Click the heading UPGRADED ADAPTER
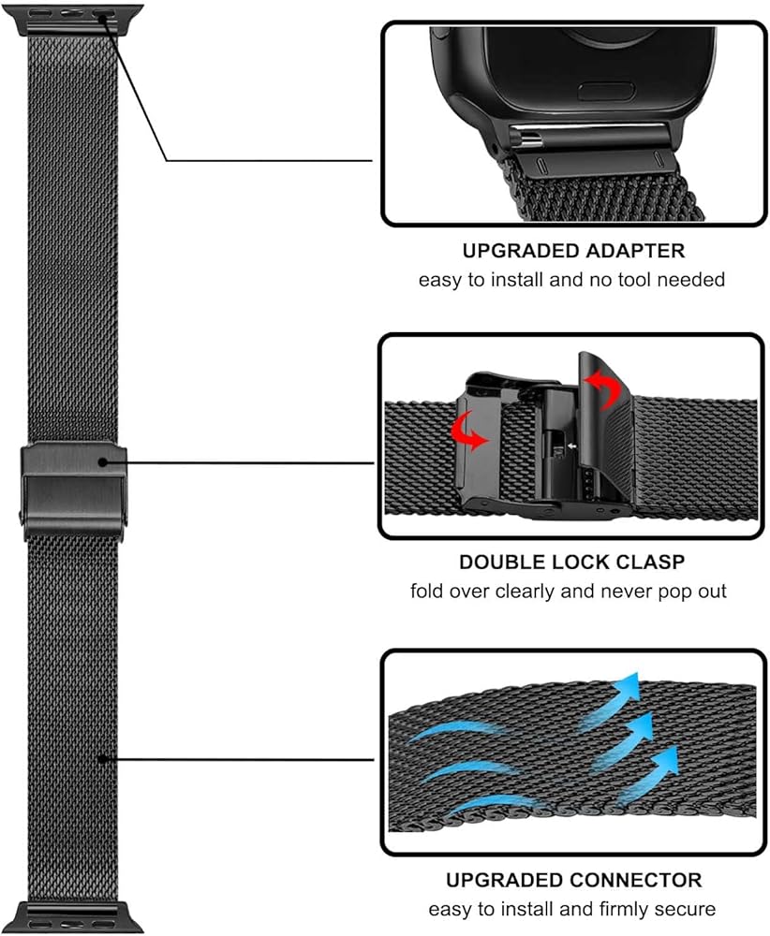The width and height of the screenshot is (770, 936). click(x=572, y=251)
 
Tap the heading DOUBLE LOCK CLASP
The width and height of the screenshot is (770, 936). click(x=571, y=563)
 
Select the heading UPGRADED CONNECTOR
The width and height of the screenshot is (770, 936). click(x=573, y=880)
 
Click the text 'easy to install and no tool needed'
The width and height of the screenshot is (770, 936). click(x=572, y=279)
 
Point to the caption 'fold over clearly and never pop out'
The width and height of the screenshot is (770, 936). click(x=571, y=591)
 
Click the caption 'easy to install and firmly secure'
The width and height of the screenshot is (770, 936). click(x=572, y=908)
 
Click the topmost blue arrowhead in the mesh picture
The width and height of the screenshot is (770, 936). click(x=626, y=682)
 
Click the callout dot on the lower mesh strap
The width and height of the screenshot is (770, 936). click(x=102, y=760)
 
